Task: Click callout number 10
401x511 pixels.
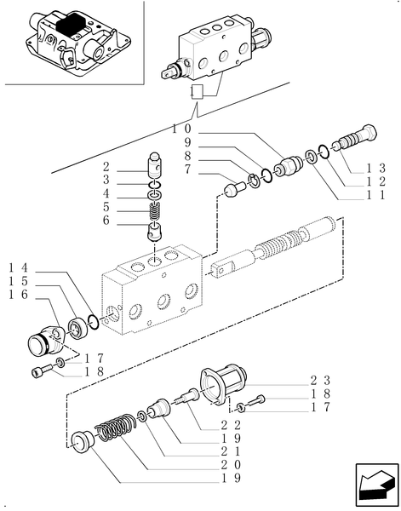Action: tap(180, 128)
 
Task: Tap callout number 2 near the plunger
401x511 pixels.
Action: tap(106, 167)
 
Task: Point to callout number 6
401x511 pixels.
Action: tap(106, 221)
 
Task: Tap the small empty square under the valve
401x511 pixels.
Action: tap(197, 91)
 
